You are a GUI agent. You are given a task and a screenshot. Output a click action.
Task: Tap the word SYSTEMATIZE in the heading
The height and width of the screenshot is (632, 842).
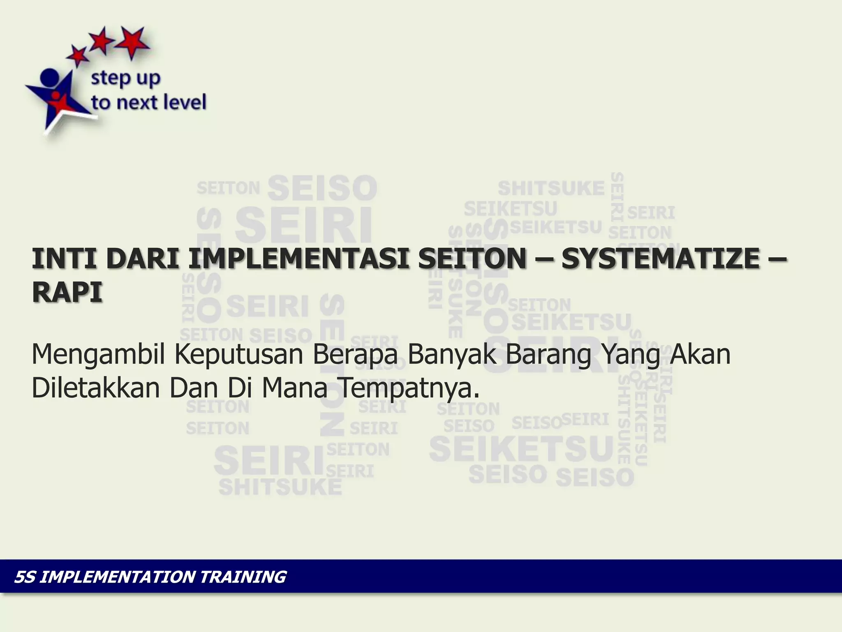pos(661,259)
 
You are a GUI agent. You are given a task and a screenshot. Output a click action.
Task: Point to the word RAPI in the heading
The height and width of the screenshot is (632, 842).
pos(67,293)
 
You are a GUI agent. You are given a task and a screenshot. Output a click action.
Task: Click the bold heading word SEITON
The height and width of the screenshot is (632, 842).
pos(472,259)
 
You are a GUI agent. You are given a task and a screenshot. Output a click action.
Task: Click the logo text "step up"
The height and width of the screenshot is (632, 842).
pos(125,79)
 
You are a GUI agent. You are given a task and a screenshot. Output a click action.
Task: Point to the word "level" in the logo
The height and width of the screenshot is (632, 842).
pos(185,102)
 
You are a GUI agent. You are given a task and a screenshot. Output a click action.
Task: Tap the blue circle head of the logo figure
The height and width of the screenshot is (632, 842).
pos(50,77)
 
